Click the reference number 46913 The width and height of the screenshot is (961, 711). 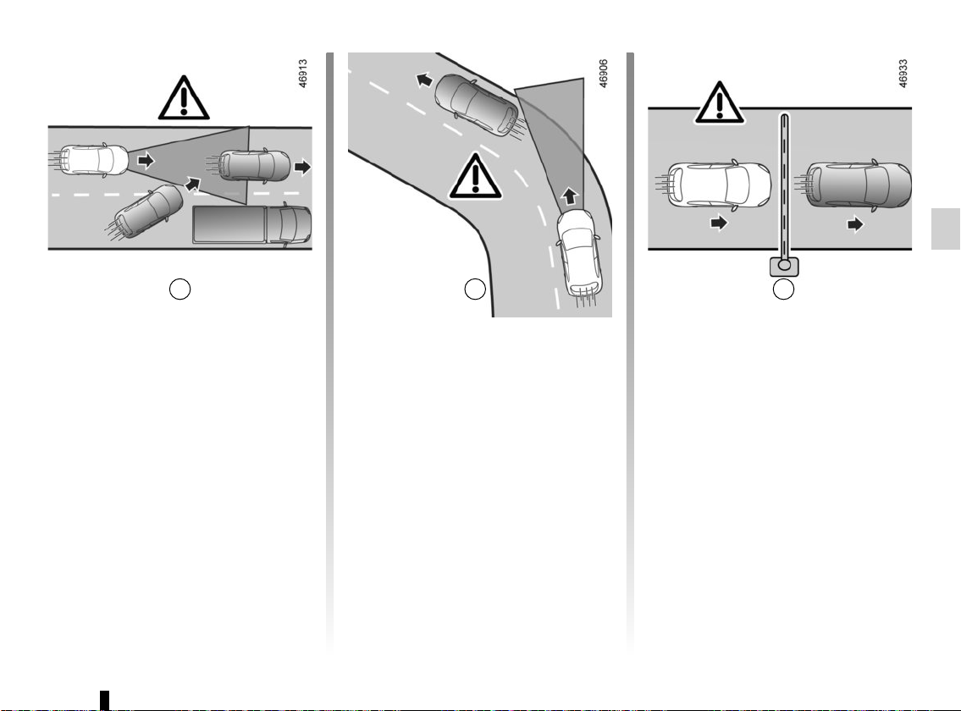[x=303, y=74]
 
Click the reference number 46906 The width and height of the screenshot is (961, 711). [x=603, y=74]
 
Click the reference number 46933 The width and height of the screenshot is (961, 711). [x=903, y=74]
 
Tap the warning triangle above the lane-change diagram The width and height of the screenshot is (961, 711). [x=184, y=98]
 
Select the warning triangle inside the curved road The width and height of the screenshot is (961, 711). [x=476, y=177]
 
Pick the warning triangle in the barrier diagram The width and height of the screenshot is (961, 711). [x=720, y=103]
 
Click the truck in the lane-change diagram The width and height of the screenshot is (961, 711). [x=252, y=225]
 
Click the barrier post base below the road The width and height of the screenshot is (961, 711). [x=784, y=267]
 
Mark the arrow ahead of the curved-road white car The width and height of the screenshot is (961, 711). [x=570, y=196]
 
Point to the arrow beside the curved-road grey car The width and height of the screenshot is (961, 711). [x=424, y=80]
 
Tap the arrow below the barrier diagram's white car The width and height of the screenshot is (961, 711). [x=719, y=223]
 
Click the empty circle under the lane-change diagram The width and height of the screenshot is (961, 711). [x=179, y=289]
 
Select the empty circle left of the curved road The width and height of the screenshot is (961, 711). [x=475, y=289]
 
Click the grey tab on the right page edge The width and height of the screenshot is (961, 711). [x=946, y=229]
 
